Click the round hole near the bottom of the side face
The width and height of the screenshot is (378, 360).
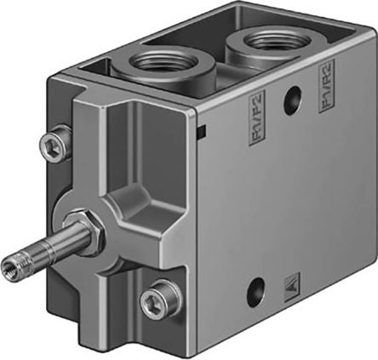coord(255,295)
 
